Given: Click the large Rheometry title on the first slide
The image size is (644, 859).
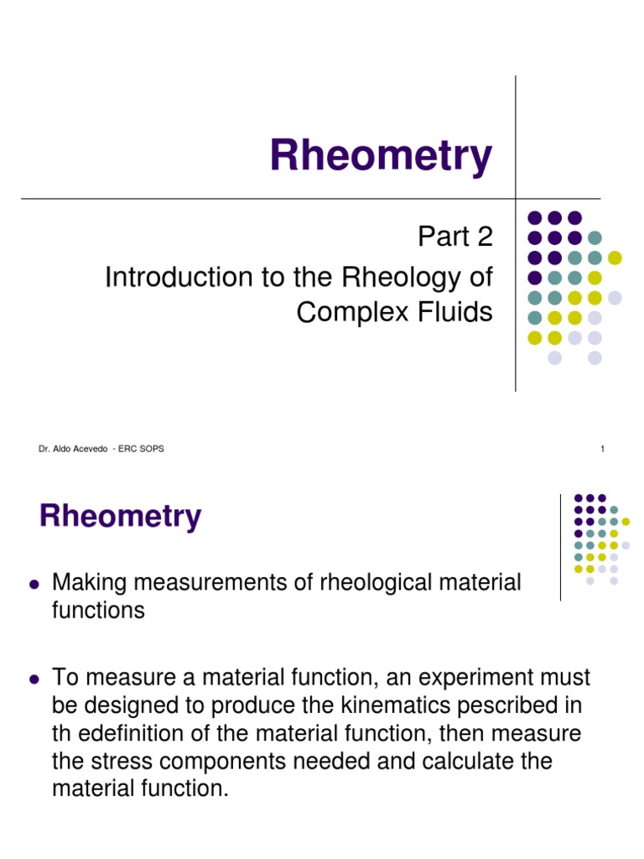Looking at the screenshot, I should (380, 156).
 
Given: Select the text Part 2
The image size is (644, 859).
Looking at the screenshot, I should (455, 237).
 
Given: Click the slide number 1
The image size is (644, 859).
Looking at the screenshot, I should (602, 449).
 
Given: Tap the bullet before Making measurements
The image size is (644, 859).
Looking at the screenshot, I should (34, 583).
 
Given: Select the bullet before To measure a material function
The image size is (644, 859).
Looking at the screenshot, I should (34, 678).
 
